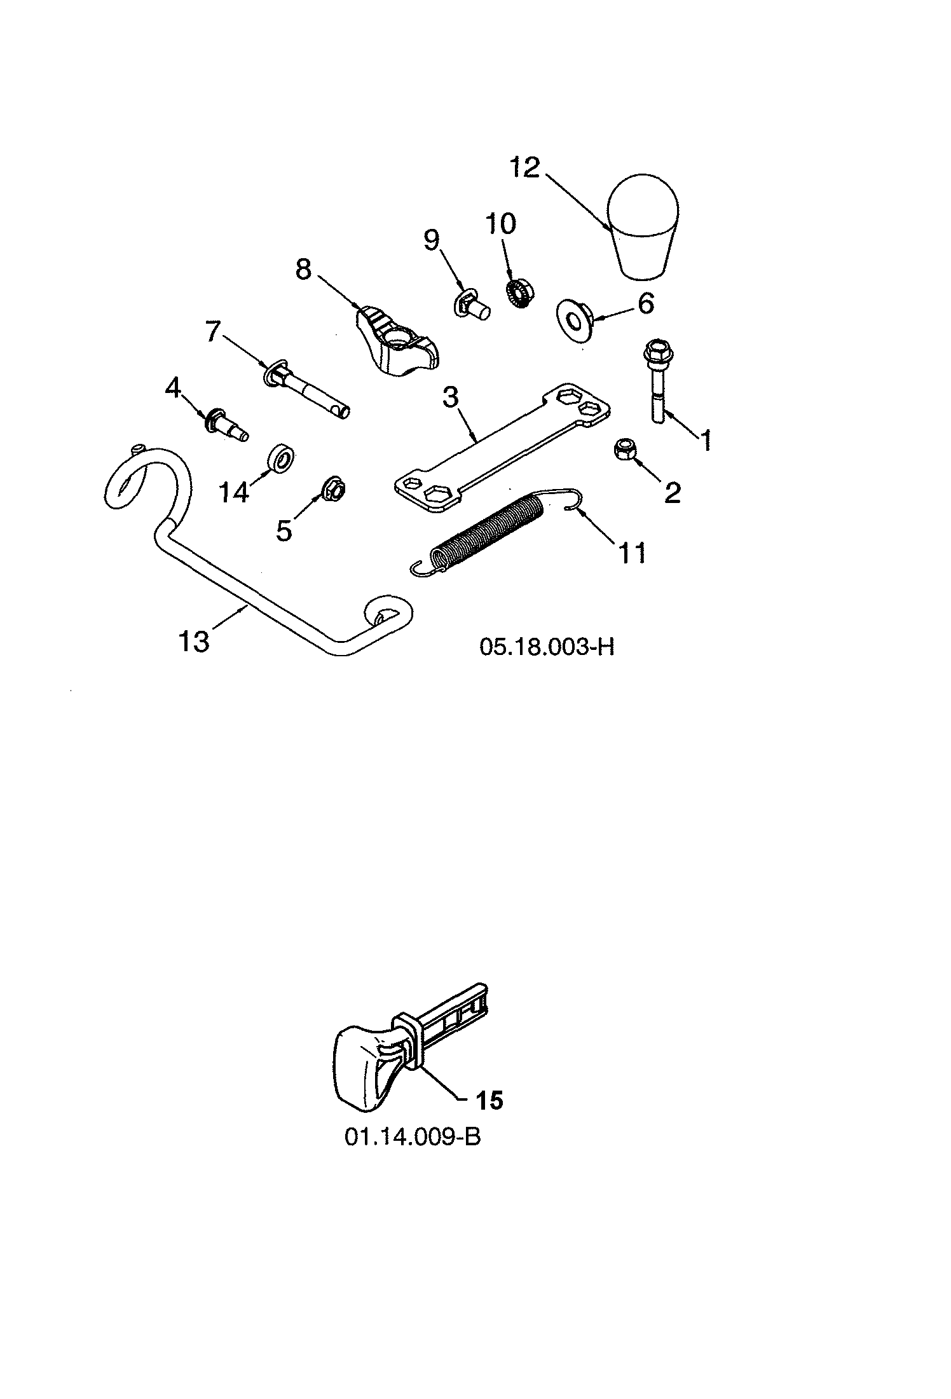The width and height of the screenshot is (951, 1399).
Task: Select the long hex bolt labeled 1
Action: coord(657,382)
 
